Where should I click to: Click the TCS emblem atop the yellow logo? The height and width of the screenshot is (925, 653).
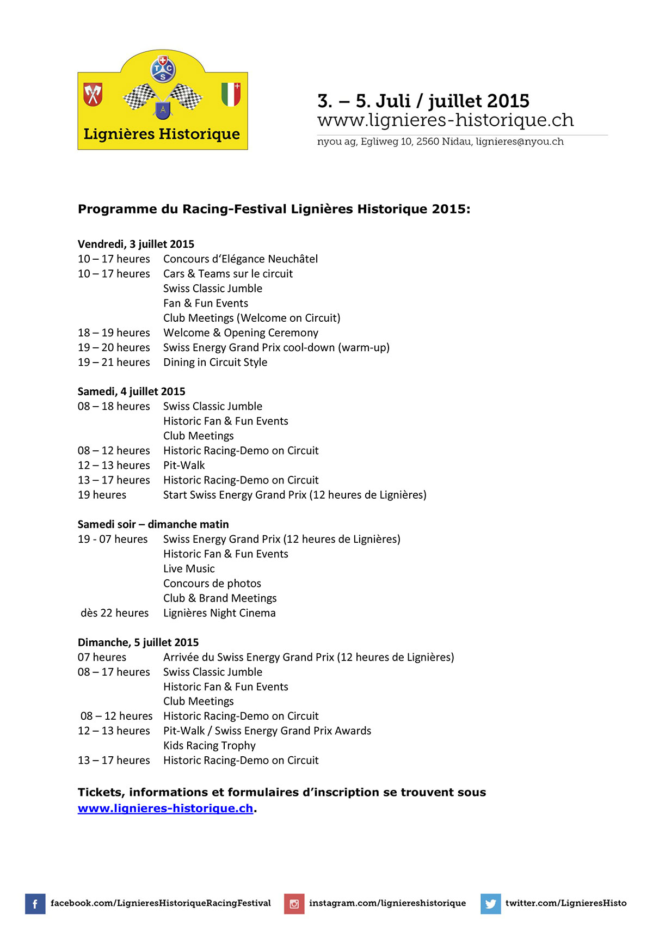click(x=162, y=69)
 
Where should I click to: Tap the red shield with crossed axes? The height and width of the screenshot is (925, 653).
click(x=93, y=94)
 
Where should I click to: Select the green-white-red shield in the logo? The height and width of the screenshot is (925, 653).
click(x=231, y=94)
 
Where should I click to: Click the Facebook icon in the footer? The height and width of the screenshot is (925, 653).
click(x=35, y=904)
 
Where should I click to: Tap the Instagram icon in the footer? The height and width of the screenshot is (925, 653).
click(x=294, y=904)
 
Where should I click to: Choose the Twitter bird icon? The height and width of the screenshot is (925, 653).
click(x=490, y=904)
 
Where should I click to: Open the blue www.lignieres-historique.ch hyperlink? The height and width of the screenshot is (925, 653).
click(x=165, y=808)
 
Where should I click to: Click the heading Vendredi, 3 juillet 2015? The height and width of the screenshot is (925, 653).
click(x=136, y=244)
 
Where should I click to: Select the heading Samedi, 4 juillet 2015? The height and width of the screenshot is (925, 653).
click(x=132, y=391)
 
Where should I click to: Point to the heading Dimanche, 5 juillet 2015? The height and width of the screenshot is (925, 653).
click(x=138, y=642)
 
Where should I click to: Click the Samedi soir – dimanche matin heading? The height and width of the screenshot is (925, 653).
click(x=153, y=524)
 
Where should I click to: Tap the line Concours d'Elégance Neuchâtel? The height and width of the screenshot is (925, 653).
click(x=241, y=259)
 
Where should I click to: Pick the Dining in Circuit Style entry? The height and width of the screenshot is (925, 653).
click(x=215, y=363)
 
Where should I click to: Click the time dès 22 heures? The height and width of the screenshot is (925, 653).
click(x=115, y=613)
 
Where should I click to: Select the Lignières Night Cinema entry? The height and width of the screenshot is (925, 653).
click(x=219, y=613)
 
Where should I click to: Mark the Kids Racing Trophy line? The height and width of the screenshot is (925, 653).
click(x=210, y=746)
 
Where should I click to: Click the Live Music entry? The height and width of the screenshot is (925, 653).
click(x=189, y=569)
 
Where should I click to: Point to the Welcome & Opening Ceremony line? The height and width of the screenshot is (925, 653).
click(x=241, y=333)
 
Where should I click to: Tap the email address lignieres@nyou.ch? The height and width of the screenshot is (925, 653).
click(x=520, y=142)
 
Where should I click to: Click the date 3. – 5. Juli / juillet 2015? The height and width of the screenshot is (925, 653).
click(x=423, y=101)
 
